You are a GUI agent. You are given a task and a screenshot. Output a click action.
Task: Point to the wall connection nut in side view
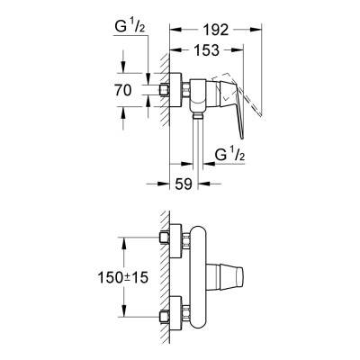(x=170, y=91)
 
